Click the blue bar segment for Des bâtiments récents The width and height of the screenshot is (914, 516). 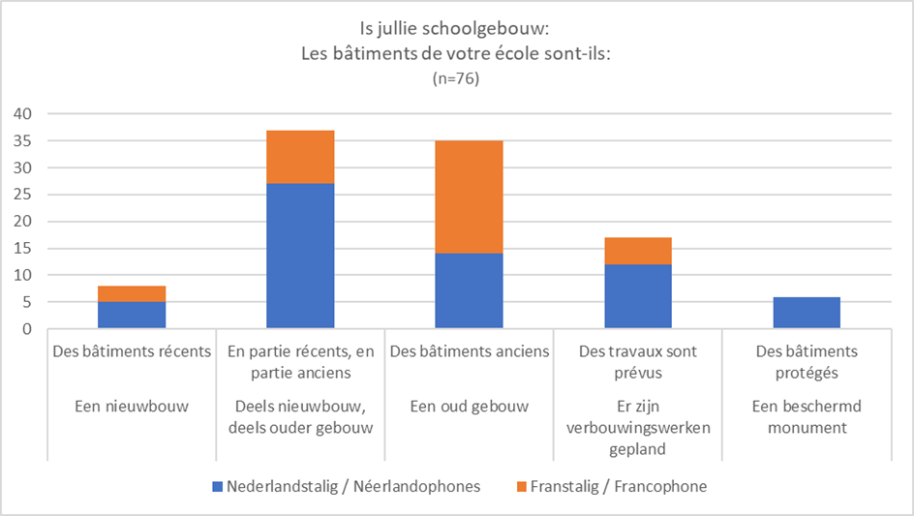132,316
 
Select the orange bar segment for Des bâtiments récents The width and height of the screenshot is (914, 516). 132,294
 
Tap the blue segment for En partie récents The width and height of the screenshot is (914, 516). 300,257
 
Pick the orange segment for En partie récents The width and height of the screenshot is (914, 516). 300,157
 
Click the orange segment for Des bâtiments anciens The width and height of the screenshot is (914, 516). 469,197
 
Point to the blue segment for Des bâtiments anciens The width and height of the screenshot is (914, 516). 469,291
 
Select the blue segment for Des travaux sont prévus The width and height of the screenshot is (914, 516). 637,297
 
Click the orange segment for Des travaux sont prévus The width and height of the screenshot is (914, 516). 637,252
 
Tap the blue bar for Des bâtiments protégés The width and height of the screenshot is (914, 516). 806,313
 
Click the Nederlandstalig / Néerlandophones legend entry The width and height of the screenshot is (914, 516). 352,486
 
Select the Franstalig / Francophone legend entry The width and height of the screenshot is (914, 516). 618,486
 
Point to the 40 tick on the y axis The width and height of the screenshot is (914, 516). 21,114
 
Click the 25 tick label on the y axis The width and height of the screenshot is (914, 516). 21,195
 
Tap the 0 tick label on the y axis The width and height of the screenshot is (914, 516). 26,329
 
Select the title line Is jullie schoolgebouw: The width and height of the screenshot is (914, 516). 456,31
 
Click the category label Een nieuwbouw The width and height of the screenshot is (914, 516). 132,406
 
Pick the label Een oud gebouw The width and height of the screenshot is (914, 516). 469,406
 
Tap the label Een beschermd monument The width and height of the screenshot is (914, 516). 806,415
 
